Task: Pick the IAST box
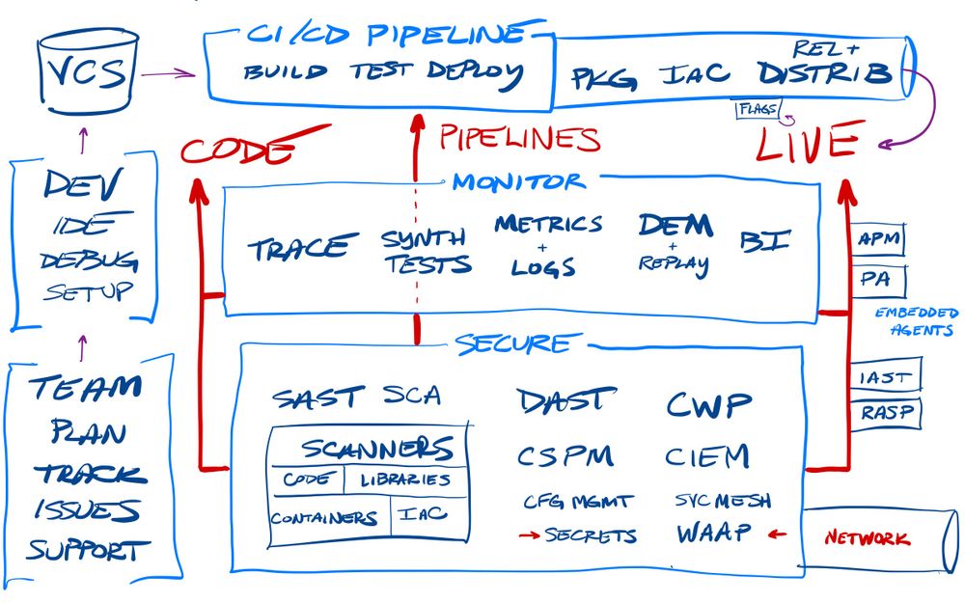[884, 375]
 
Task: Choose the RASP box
[885, 413]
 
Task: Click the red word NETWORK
[866, 537]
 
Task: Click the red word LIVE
[806, 145]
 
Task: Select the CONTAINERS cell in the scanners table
[323, 518]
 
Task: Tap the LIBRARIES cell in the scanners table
[405, 480]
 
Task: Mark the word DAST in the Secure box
[565, 399]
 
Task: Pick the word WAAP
[713, 534]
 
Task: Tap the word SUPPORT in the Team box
[89, 552]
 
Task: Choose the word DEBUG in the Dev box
[89, 260]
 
